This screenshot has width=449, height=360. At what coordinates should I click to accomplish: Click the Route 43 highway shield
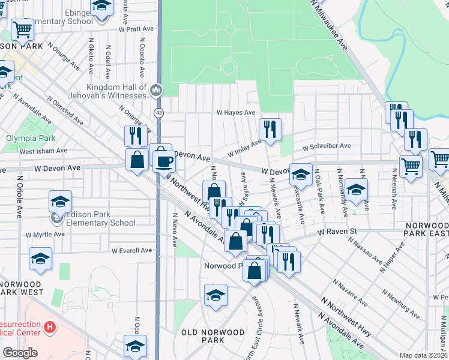(x=158, y=112)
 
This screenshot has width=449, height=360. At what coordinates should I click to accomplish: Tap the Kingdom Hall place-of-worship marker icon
(x=157, y=91)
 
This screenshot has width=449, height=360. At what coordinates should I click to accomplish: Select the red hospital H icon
(x=50, y=328)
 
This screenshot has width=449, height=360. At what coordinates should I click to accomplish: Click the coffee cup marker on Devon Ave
(x=164, y=161)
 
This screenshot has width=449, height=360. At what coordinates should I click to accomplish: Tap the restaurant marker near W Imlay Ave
(x=270, y=128)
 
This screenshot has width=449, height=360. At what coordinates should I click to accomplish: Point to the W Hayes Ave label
(x=236, y=112)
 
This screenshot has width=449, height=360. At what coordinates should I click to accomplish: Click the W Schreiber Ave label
(x=326, y=146)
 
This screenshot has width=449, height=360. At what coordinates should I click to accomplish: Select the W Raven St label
(x=337, y=231)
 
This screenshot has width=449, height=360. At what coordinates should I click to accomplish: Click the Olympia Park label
(x=25, y=137)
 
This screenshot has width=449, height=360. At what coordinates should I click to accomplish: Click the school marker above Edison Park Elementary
(x=60, y=202)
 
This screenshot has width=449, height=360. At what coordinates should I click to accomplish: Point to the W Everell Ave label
(x=131, y=250)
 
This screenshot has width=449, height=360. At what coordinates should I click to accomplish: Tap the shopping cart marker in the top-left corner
(x=22, y=28)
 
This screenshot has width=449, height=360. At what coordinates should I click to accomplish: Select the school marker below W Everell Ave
(x=40, y=259)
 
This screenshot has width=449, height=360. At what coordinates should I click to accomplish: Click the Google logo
(x=20, y=353)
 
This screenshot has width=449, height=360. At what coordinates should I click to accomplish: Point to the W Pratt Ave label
(x=137, y=28)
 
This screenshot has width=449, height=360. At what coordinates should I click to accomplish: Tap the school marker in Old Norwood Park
(x=215, y=295)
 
